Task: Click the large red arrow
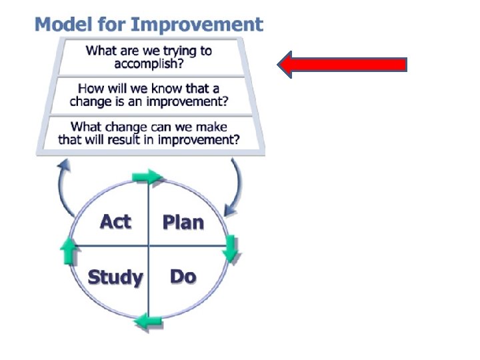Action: (x=341, y=65)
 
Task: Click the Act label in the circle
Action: (x=115, y=221)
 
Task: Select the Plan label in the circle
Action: (x=183, y=222)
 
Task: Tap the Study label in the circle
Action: (x=115, y=277)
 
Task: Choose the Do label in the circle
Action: (x=183, y=276)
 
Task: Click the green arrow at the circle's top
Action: (x=148, y=177)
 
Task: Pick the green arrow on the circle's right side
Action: (x=231, y=247)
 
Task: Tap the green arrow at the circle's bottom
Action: (x=148, y=323)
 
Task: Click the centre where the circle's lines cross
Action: (x=148, y=246)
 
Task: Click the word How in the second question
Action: (x=89, y=89)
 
